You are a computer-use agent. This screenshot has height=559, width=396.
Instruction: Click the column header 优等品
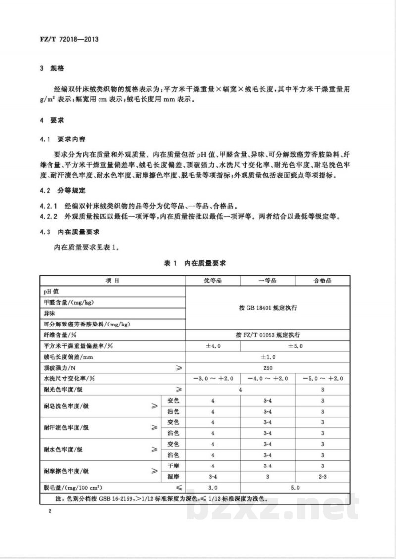pyautogui.click(x=212, y=280)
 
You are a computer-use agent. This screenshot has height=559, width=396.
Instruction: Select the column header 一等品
pyautogui.click(x=267, y=280)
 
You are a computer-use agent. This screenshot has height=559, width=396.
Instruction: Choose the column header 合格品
pyautogui.click(x=322, y=280)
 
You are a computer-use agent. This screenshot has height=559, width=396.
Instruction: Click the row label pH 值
pyautogui.click(x=51, y=292)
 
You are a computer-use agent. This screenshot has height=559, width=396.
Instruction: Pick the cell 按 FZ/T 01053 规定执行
pyautogui.click(x=267, y=335)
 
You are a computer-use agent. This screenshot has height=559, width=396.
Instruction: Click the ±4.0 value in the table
pyautogui.click(x=212, y=346)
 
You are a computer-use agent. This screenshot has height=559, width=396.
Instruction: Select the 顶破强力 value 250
pyautogui.click(x=267, y=368)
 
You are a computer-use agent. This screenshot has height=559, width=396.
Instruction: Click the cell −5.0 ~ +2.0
pyautogui.click(x=322, y=378)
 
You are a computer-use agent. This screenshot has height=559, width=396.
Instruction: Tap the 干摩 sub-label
pyautogui.click(x=173, y=466)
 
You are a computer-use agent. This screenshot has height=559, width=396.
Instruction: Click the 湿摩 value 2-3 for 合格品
pyautogui.click(x=322, y=476)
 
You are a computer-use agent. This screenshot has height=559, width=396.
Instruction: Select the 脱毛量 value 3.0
pyautogui.click(x=212, y=487)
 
